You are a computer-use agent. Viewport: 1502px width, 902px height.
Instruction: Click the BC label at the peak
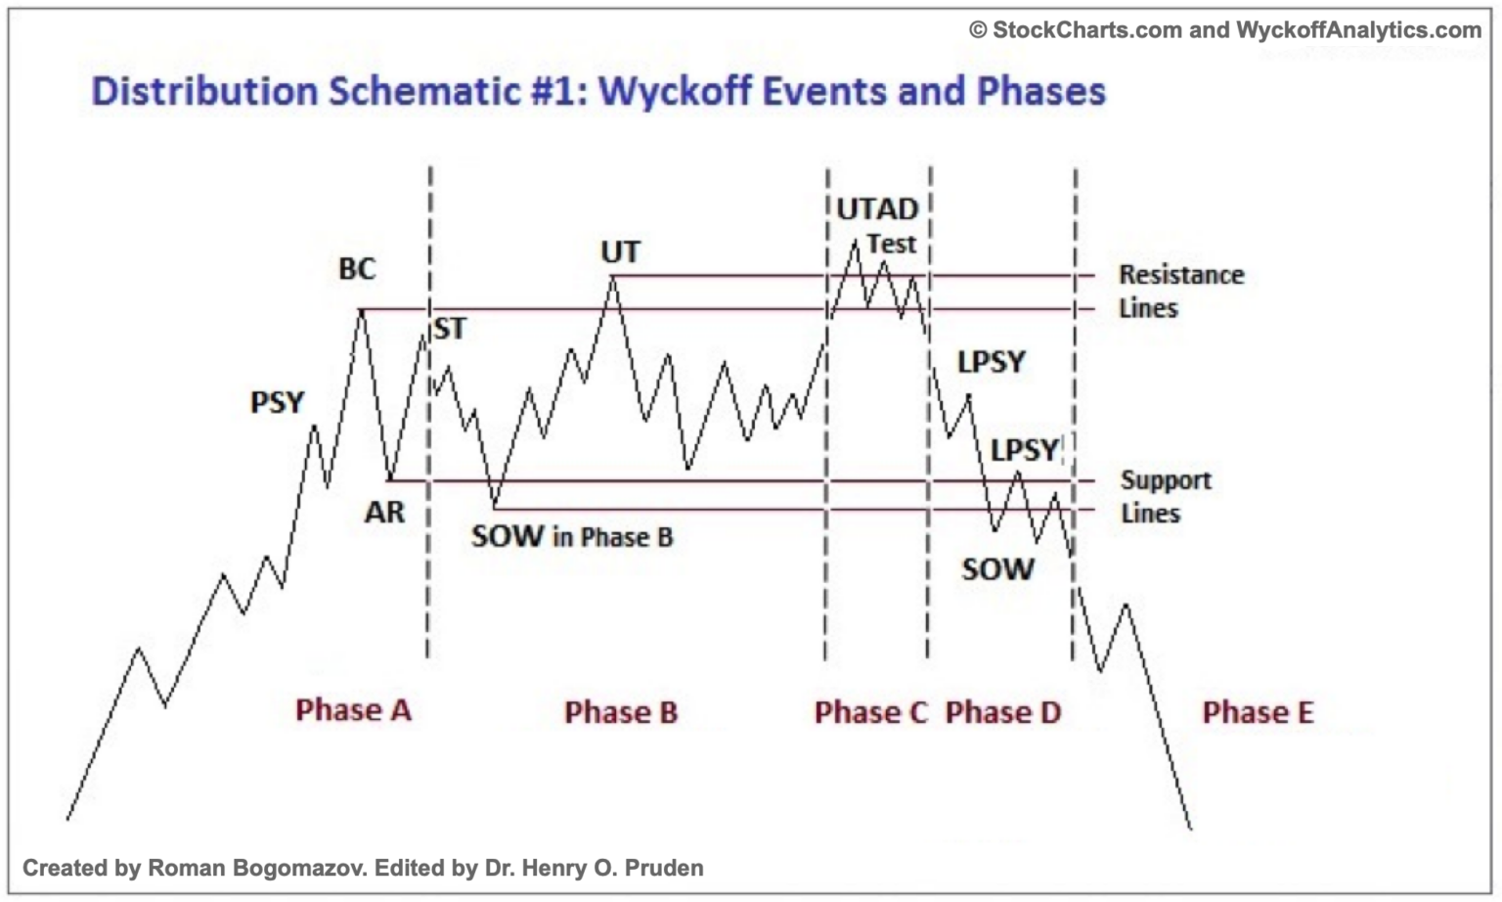pos(357,269)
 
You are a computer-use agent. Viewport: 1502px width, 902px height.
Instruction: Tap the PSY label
pos(277,402)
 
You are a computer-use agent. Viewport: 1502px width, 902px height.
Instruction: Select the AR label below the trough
pos(384,512)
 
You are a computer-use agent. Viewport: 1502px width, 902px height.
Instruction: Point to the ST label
pos(450,329)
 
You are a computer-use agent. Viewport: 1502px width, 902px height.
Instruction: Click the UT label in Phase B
pos(620,252)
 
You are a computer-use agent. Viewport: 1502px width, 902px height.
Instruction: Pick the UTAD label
pos(877,209)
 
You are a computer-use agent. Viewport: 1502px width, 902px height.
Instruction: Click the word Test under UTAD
pos(891,244)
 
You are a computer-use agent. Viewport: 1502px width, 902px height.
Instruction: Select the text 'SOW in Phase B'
pos(572,537)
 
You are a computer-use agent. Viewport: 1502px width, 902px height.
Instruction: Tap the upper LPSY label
pos(991,363)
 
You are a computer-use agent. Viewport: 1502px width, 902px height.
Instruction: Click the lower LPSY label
pos(1024,450)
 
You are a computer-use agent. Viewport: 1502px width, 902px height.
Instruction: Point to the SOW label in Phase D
pos(997,569)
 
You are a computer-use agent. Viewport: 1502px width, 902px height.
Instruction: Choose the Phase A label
pos(353,710)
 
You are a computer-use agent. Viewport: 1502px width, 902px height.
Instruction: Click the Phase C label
pos(870,712)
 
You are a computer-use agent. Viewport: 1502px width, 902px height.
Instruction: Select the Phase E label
pos(1258,712)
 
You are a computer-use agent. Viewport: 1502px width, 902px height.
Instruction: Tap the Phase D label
pos(1003,712)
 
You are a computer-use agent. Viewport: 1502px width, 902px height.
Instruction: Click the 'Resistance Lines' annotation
pos(1180,292)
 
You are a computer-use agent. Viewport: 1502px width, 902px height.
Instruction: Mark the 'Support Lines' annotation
pos(1165,497)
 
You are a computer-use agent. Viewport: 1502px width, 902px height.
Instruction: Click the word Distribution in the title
pos(204,91)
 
